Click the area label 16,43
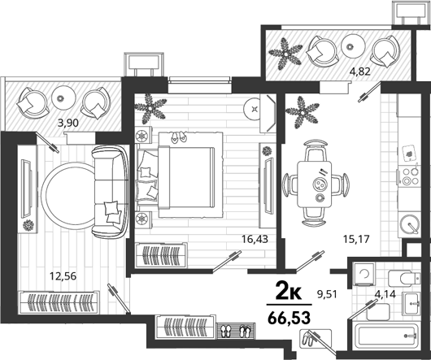tap(255, 239)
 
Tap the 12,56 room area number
tap(63, 275)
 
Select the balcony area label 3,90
tap(67, 123)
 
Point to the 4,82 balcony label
tap(359, 72)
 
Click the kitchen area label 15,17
tap(356, 239)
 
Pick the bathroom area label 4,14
tap(385, 294)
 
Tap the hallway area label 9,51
tap(327, 294)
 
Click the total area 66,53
tap(290, 318)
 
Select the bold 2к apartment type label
tap(289, 292)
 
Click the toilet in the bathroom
tap(404, 278)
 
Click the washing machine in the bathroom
tap(365, 274)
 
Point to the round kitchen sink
tap(410, 224)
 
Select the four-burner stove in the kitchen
tap(410, 176)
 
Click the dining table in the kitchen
tap(315, 184)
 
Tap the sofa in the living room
tap(111, 192)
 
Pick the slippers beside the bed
tap(178, 137)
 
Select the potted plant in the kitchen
tap(302, 113)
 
